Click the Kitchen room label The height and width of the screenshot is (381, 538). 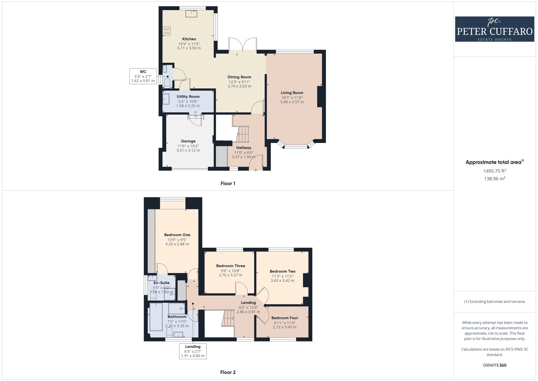pyautogui.click(x=189, y=39)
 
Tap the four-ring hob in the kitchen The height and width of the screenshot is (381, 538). pyautogui.click(x=167, y=31)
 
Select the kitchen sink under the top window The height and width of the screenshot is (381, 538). pyautogui.click(x=191, y=13)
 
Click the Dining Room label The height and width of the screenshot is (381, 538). pyautogui.click(x=239, y=77)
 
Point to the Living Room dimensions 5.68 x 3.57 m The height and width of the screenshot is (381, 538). pyautogui.click(x=292, y=102)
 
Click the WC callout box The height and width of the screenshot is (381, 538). pyautogui.click(x=143, y=76)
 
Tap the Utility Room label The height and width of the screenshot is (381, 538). pyautogui.click(x=188, y=97)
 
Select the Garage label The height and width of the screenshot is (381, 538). pyautogui.click(x=188, y=141)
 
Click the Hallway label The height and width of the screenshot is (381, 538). pyautogui.click(x=244, y=148)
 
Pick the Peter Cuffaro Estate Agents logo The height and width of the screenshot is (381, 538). pyautogui.click(x=494, y=29)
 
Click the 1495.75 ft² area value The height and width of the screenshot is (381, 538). pyautogui.click(x=494, y=171)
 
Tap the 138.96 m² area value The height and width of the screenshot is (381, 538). pyautogui.click(x=494, y=179)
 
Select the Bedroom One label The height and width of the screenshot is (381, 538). pyautogui.click(x=177, y=235)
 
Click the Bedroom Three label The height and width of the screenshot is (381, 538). pyautogui.click(x=231, y=266)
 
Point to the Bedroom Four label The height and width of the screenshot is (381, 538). pyautogui.click(x=285, y=318)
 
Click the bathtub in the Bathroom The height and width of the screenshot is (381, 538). pyautogui.click(x=156, y=317)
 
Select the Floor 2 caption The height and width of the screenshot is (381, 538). pyautogui.click(x=228, y=372)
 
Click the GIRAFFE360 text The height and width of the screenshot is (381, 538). pyautogui.click(x=494, y=365)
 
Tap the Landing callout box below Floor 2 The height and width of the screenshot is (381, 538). pyautogui.click(x=193, y=351)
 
